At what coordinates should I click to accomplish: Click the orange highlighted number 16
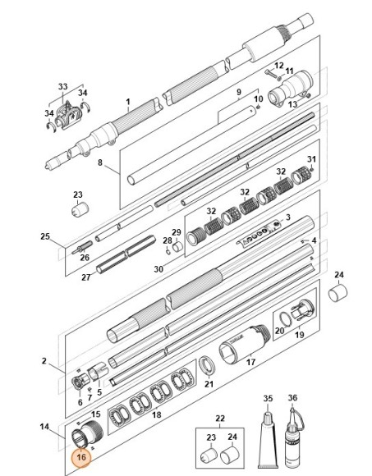[81, 457]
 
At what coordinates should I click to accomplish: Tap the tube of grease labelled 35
[268, 439]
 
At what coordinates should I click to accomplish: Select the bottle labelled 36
[292, 437]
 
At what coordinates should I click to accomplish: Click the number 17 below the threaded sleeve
[250, 362]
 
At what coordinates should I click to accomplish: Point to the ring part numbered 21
[207, 366]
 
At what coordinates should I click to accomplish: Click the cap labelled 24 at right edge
[338, 293]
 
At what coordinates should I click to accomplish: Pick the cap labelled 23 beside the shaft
[80, 209]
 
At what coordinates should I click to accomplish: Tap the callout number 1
[128, 101]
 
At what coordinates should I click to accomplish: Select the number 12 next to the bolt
[278, 66]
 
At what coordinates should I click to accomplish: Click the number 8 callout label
[100, 162]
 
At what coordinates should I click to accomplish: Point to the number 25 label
[45, 236]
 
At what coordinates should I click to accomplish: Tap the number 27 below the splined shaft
[86, 277]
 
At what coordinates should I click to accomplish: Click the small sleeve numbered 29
[177, 246]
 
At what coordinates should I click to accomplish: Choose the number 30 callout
[158, 269]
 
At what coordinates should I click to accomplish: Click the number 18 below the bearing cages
[156, 414]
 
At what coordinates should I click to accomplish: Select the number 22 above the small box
[220, 419]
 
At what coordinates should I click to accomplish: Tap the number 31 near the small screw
[311, 158]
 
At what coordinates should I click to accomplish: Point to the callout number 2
[44, 360]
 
